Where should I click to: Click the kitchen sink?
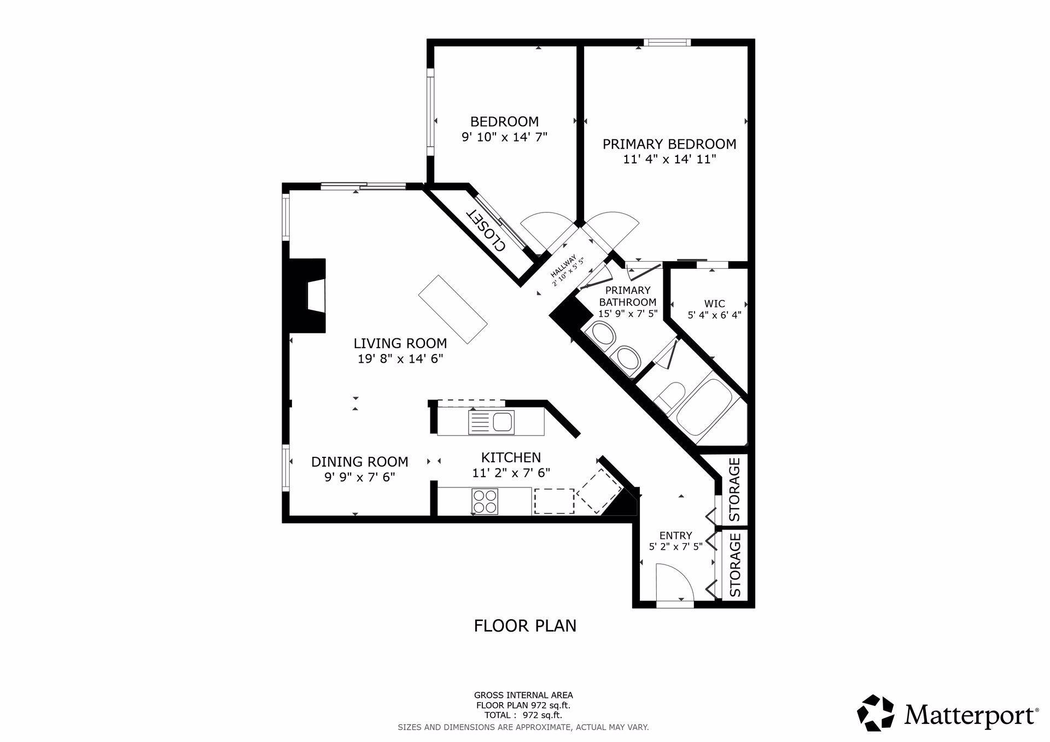pos(492,422)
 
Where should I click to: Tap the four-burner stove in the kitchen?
pos(485,501)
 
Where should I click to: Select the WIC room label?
pos(714,304)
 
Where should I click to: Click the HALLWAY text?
pos(564,267)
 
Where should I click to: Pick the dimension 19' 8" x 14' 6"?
pos(400,359)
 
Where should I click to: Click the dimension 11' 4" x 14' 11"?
pos(669,160)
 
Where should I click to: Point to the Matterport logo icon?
pos(875,712)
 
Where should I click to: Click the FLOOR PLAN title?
pos(525,626)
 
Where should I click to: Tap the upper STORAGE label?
pos(735,489)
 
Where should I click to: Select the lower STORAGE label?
pos(735,565)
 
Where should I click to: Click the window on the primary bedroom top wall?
pos(667,43)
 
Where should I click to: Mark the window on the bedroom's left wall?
pos(430,112)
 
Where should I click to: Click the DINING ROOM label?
pos(360,462)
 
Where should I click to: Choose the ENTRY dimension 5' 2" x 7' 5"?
pos(675,546)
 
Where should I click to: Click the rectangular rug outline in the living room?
pos(453,309)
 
